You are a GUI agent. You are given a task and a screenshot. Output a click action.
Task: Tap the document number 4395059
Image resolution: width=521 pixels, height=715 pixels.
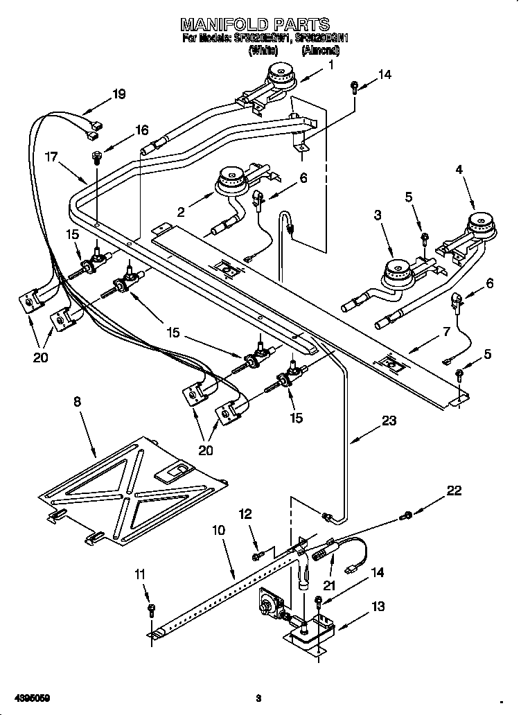coord(26,696)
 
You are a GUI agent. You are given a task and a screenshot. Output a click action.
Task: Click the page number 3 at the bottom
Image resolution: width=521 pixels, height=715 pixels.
coord(258,697)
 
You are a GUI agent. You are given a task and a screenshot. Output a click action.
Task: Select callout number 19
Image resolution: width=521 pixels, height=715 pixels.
coord(118,95)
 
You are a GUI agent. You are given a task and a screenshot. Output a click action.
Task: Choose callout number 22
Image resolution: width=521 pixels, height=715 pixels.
coord(454,491)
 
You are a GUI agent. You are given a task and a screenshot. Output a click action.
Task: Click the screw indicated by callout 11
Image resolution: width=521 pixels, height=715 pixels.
coord(152,609)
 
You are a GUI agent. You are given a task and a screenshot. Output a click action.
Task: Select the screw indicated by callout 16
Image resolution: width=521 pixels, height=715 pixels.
coord(97,158)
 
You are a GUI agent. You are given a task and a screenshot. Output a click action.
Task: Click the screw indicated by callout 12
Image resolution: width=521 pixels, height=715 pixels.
coord(258,554)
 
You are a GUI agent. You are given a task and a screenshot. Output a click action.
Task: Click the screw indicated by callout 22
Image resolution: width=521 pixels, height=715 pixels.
coord(408,515)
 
